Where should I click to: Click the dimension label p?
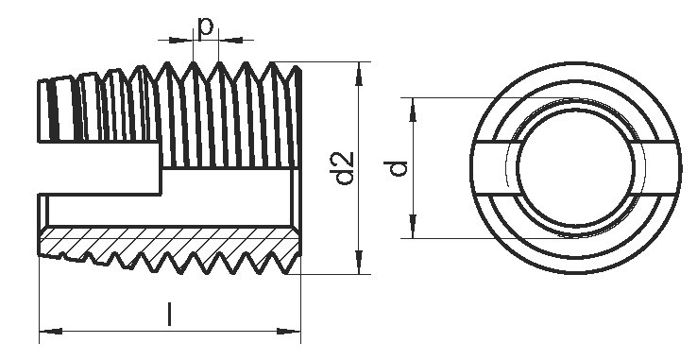(x=205, y=29)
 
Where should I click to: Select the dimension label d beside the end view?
(x=396, y=168)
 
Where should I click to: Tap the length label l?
(x=169, y=314)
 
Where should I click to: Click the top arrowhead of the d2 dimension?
(x=359, y=74)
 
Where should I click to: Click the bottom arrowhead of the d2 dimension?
(x=359, y=263)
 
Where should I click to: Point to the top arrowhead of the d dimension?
(x=413, y=110)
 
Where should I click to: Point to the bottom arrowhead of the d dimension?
(x=413, y=227)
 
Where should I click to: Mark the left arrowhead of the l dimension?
(x=51, y=332)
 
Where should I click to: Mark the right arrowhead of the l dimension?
(x=289, y=332)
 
